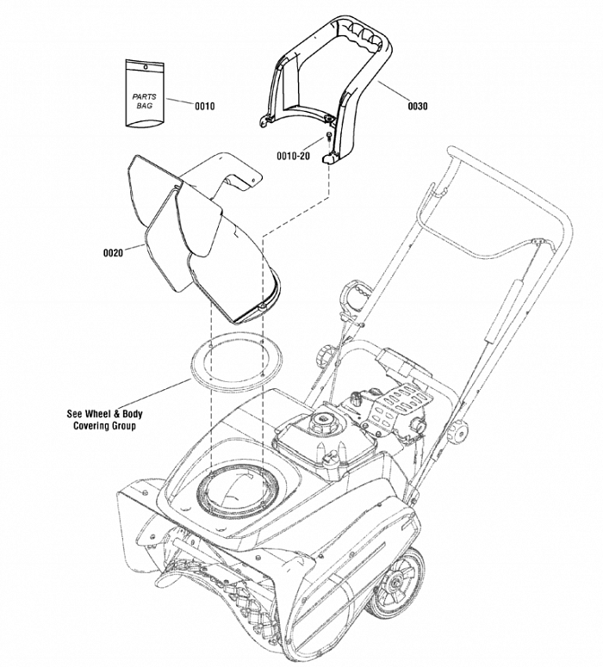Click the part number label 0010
204,106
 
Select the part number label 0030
417,106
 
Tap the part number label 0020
113,252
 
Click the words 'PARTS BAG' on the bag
144,101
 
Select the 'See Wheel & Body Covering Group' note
104,419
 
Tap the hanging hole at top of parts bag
145,66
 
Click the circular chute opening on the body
237,491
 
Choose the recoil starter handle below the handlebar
352,299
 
